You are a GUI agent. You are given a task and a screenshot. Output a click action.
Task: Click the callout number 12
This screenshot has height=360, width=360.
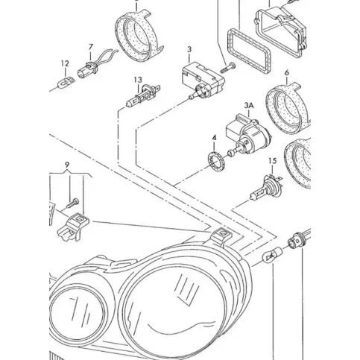(65, 64)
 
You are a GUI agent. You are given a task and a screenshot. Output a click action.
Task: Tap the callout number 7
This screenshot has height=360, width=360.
(91, 47)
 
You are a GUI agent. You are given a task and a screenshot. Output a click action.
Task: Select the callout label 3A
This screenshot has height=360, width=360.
(249, 105)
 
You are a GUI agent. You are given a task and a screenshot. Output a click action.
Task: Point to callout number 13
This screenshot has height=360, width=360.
(138, 80)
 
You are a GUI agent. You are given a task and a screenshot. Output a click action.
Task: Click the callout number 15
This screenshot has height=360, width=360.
(273, 161)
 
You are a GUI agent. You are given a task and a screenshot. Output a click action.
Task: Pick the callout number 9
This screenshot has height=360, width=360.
(67, 165)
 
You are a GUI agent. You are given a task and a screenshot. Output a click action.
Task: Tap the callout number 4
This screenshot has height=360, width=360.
(214, 138)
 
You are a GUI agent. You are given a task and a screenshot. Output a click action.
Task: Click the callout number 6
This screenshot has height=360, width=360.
(287, 72)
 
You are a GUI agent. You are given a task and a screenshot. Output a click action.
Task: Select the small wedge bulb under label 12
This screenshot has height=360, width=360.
(66, 82)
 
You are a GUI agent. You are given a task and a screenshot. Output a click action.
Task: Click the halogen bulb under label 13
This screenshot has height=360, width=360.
(143, 96)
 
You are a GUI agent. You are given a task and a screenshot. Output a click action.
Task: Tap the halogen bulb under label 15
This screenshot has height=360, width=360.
(266, 187)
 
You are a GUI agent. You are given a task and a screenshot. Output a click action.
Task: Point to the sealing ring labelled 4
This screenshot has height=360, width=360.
(216, 161)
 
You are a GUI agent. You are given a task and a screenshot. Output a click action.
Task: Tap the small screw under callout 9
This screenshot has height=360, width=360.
(73, 203)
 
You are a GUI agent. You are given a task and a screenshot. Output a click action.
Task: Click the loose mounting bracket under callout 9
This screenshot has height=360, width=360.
(73, 227)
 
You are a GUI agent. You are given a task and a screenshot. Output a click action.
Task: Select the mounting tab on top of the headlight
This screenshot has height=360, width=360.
(220, 236)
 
